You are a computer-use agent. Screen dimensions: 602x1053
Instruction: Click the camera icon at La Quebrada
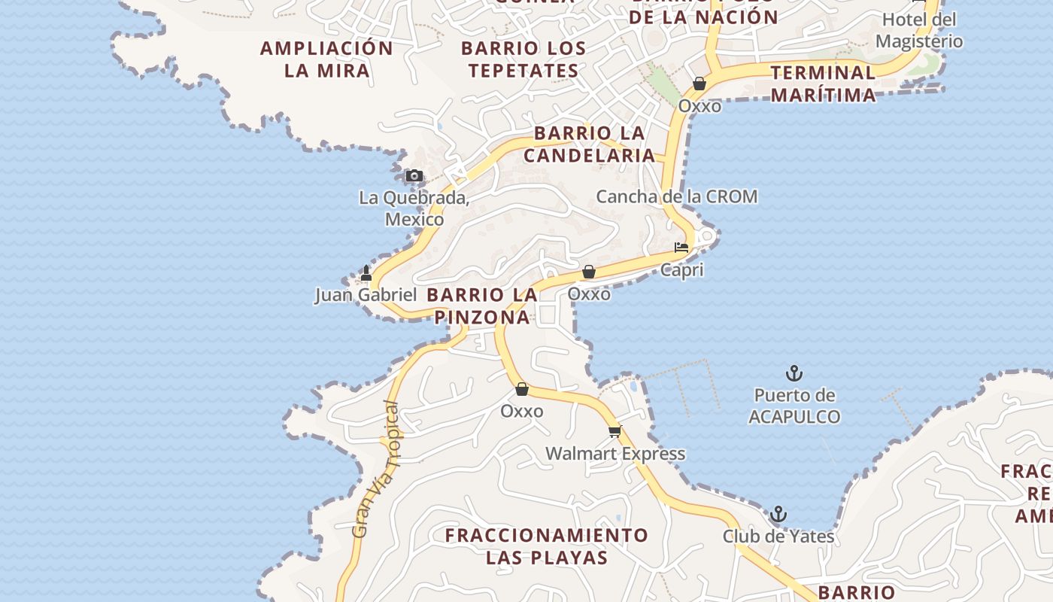[414, 176]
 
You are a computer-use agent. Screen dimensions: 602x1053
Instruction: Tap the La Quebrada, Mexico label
[414, 208]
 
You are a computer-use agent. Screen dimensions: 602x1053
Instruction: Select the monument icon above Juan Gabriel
[366, 272]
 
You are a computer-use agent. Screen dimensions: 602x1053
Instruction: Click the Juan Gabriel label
[366, 294]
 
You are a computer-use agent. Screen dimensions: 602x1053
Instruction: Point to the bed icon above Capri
[681, 247]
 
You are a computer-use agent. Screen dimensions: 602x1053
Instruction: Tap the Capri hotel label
[682, 269]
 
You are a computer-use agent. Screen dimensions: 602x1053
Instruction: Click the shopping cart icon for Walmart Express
[615, 431]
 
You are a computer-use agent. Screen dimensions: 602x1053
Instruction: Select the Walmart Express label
[615, 454]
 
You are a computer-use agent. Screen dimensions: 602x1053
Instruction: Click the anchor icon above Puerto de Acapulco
[794, 372]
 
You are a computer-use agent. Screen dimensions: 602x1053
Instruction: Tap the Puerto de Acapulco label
[794, 406]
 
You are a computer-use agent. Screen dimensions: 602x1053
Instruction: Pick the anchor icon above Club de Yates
[778, 515]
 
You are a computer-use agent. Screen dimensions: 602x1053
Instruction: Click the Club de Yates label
[778, 537]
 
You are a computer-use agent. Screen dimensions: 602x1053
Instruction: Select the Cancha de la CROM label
[677, 196]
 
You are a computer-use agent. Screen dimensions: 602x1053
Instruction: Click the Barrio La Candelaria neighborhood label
[590, 144]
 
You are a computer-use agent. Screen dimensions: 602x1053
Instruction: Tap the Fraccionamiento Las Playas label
[547, 546]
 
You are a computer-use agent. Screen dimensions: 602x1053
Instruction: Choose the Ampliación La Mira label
[327, 59]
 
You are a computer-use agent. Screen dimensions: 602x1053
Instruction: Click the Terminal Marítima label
[824, 84]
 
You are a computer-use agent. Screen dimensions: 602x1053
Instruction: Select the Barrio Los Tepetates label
[523, 59]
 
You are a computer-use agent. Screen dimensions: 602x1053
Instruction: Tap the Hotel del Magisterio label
[919, 30]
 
